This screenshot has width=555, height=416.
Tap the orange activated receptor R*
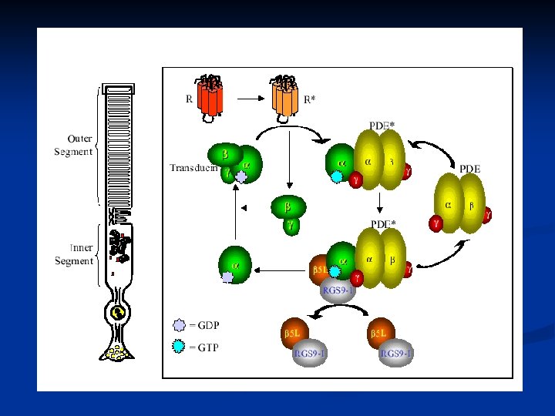(x=284, y=96)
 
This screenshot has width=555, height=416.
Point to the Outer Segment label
(x=73, y=145)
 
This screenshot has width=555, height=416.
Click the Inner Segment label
(x=74, y=254)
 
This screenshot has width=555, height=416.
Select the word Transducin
(x=193, y=167)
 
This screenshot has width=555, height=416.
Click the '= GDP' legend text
(x=203, y=326)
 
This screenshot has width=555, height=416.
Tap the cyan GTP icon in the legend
(x=179, y=347)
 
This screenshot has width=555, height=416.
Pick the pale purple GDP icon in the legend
(x=179, y=326)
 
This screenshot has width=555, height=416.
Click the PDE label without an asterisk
(x=469, y=168)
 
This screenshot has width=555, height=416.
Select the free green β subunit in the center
(x=288, y=206)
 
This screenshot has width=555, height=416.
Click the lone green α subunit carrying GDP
(x=234, y=264)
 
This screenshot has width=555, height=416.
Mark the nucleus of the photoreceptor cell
(x=118, y=314)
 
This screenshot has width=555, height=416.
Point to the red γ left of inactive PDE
(x=436, y=223)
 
